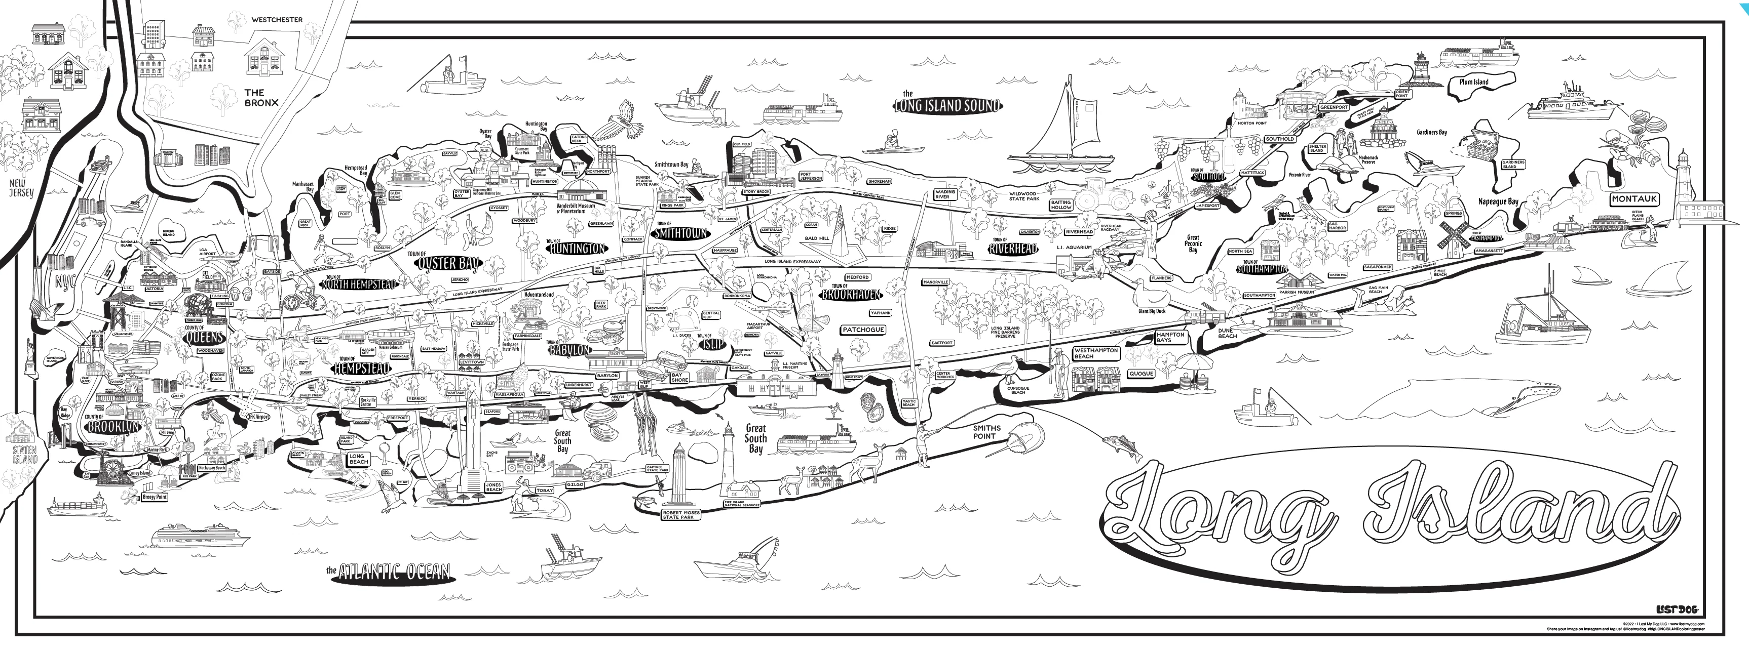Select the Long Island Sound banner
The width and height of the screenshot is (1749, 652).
(x=947, y=105)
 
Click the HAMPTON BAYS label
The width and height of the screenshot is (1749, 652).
(x=1170, y=337)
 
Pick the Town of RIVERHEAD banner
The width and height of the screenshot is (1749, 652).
(x=1012, y=249)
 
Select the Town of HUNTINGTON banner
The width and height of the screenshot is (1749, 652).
(x=577, y=249)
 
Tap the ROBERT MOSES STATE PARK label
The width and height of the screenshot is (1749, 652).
(x=680, y=515)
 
